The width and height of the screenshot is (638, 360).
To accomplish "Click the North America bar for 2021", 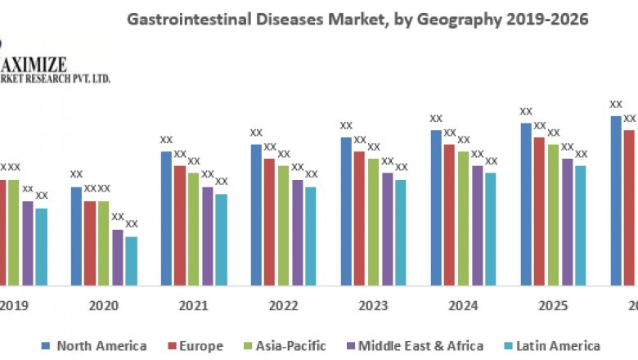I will (166, 218).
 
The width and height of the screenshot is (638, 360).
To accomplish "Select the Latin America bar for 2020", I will (131, 261).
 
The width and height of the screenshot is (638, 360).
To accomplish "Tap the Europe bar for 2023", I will (359, 218).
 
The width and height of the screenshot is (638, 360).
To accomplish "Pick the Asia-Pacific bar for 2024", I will (463, 218).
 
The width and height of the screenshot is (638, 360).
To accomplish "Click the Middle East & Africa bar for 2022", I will (298, 232).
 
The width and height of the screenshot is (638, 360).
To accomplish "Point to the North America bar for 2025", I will (526, 205).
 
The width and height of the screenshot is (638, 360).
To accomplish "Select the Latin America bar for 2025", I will (580, 226).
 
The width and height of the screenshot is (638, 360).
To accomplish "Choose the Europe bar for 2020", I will (90, 243).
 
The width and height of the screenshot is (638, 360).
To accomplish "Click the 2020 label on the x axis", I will (103, 305).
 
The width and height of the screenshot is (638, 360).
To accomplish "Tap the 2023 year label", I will (373, 305).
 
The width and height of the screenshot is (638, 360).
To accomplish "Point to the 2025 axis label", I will (553, 305).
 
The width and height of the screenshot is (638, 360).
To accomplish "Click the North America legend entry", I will (93, 346).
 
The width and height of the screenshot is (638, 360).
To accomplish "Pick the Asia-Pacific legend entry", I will (285, 346).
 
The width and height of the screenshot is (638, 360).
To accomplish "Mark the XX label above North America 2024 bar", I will (436, 119).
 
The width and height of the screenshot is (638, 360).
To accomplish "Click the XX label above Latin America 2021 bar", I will (221, 182).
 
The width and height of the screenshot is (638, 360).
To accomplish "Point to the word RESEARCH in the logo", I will (40, 78).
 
